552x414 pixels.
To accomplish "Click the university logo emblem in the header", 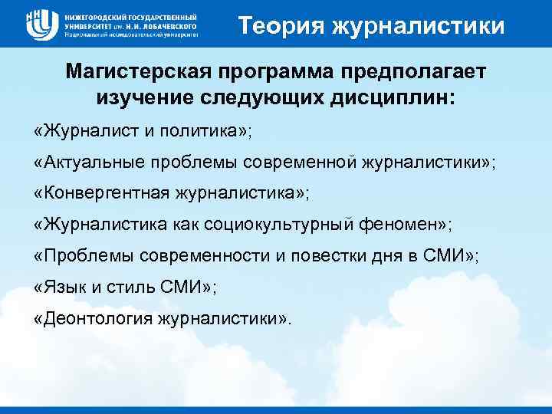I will (x=42, y=24).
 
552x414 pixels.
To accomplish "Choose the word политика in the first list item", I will (x=215, y=130).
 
